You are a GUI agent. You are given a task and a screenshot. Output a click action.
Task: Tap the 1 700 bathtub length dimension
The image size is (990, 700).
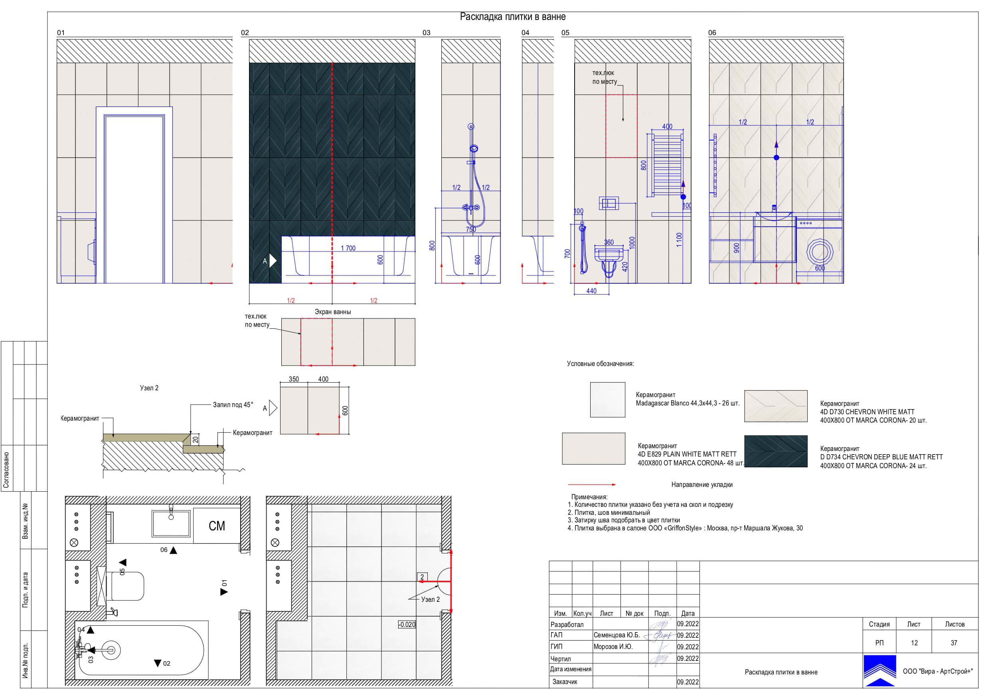pyautogui.click(x=348, y=248)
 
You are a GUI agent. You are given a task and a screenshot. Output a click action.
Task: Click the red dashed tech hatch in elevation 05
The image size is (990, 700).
pyautogui.click(x=621, y=126)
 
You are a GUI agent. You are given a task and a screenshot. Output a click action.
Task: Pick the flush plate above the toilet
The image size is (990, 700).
pyautogui.click(x=609, y=203)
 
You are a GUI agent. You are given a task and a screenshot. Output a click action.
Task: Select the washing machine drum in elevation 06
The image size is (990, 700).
pyautogui.click(x=820, y=251)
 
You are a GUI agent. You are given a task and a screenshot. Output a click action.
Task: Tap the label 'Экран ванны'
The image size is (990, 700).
pyautogui.click(x=332, y=312)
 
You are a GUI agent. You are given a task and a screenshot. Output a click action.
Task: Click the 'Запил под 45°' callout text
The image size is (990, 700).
pyautogui.click(x=233, y=405)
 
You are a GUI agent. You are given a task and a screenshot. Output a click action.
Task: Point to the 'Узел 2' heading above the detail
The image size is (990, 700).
pyautogui.click(x=149, y=388)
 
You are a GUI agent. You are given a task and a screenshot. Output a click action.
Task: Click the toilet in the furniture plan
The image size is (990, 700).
pyautogui.click(x=125, y=586)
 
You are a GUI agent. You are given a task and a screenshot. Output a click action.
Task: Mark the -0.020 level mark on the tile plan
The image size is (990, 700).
pyautogui.click(x=407, y=625)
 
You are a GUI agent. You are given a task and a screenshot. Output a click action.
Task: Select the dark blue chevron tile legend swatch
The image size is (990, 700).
pyautogui.click(x=776, y=451)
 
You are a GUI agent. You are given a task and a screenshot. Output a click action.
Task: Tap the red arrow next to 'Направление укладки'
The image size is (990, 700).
pyautogui.click(x=592, y=485)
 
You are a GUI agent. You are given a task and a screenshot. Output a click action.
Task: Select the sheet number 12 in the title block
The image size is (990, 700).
pyautogui.click(x=914, y=643)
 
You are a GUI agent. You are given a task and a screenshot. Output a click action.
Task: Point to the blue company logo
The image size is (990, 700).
pyautogui.click(x=879, y=671)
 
